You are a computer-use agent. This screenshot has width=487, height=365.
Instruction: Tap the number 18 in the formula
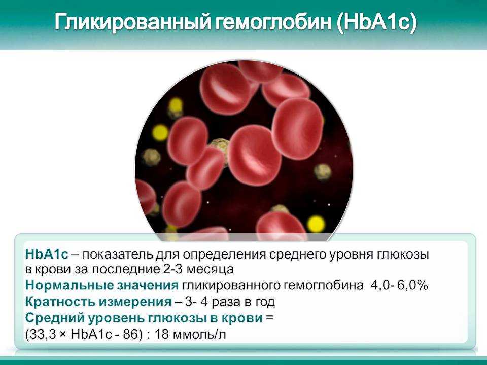[172, 335]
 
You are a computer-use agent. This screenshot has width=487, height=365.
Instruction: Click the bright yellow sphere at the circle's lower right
[316, 224]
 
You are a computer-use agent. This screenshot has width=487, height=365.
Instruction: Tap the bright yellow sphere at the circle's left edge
[160, 132]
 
